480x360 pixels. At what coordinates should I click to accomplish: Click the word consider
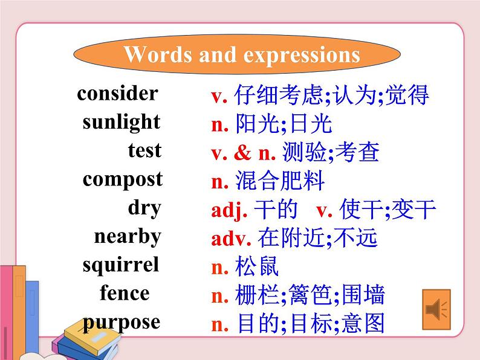pos(117,94)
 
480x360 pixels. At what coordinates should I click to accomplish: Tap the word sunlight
pos(122,122)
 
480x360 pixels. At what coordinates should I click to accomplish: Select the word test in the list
pos(144,150)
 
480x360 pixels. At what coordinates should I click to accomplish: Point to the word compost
pos(123,179)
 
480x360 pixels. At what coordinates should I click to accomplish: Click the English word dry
pos(144,208)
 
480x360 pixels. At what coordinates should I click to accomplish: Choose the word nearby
pos(128,236)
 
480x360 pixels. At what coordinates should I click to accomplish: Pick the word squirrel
pos(121,265)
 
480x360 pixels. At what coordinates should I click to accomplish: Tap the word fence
pos(125,294)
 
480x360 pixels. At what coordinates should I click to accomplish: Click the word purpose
pos(122,322)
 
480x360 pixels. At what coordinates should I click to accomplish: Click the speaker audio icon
pos(436,310)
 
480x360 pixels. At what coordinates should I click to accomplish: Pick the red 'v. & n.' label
pos(243,153)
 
